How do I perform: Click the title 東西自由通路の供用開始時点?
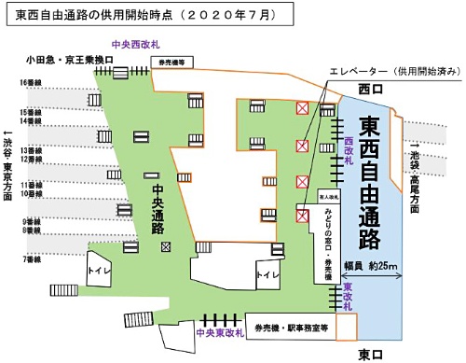click(149, 16)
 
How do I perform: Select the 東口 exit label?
click(371, 355)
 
